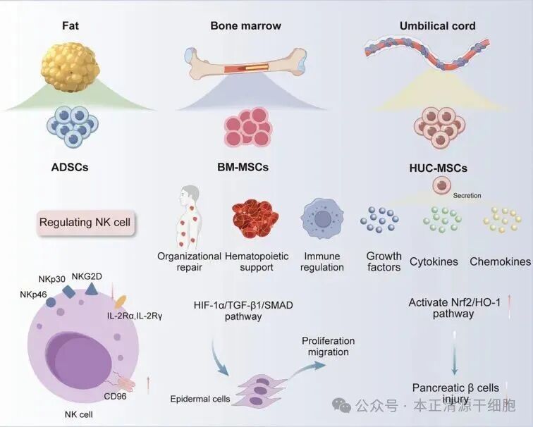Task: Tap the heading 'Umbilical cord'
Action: click(437, 26)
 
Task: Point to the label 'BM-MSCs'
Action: click(245, 168)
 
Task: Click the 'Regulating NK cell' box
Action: click(89, 223)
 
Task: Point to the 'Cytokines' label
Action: click(434, 261)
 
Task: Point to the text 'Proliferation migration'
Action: click(328, 347)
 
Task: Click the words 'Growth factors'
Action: click(384, 261)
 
